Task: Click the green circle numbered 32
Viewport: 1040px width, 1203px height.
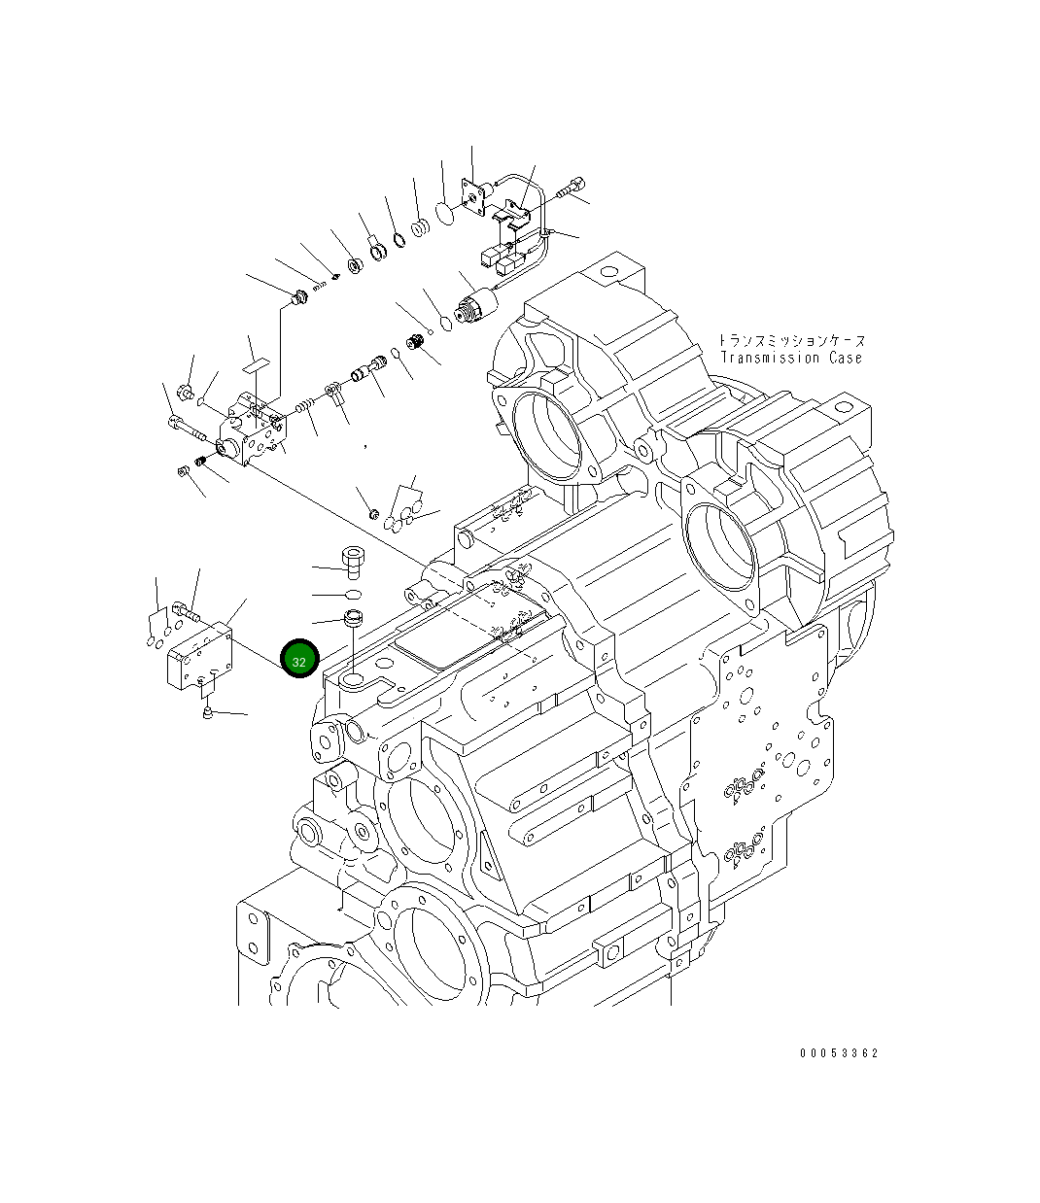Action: click(x=299, y=661)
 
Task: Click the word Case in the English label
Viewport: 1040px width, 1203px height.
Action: click(x=844, y=358)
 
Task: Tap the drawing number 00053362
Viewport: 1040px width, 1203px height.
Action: click(x=839, y=1052)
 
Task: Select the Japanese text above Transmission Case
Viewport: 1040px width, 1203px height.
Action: click(x=791, y=341)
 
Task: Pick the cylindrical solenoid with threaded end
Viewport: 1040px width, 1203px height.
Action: click(x=476, y=308)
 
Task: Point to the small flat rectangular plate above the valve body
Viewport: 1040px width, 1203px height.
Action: click(x=255, y=365)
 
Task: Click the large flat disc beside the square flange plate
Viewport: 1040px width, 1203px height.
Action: click(x=444, y=213)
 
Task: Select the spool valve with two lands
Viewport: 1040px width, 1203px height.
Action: click(x=366, y=372)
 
